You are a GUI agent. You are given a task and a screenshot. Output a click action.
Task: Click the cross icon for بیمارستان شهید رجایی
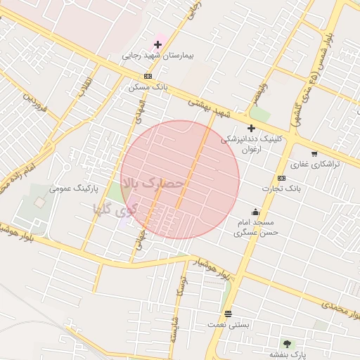point(157,44)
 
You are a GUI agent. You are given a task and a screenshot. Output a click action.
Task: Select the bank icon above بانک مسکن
point(148,76)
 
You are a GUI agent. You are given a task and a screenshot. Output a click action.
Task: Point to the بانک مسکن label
point(146,87)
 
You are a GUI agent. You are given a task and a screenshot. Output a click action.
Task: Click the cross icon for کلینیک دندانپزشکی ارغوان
point(251,128)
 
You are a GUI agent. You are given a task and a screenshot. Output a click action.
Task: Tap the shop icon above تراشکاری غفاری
point(314,153)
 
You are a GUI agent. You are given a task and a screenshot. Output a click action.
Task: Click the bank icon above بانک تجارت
point(281,178)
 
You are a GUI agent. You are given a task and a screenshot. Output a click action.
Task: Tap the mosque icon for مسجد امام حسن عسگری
point(255,212)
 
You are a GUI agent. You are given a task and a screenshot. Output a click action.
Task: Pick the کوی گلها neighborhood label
point(116,209)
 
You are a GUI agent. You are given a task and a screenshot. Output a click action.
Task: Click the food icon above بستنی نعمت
point(228,314)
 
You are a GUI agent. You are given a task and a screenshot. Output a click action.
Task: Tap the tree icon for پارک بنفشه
point(286,343)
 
